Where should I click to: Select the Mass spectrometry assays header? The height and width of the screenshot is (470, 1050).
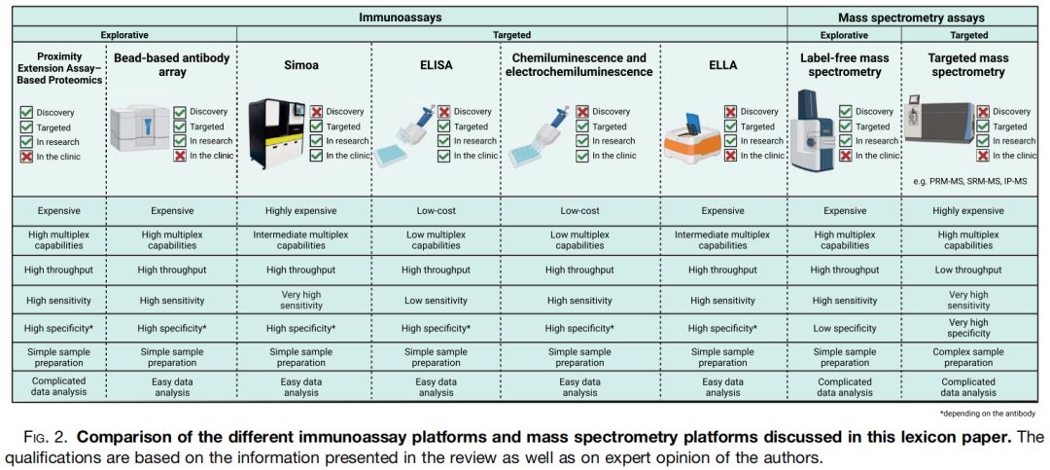pyautogui.click(x=911, y=17)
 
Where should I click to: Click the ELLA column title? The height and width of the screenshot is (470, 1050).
pyautogui.click(x=722, y=64)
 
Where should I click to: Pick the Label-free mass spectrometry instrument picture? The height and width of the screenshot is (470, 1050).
pyautogui.click(x=814, y=130)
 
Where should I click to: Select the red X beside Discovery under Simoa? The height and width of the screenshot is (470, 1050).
pyautogui.click(x=316, y=112)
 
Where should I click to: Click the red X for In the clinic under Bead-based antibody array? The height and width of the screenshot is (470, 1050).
pyautogui.click(x=180, y=156)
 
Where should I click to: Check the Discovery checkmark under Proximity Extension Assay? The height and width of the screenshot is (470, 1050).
pyautogui.click(x=26, y=112)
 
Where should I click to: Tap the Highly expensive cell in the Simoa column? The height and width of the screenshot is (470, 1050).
pyautogui.click(x=300, y=210)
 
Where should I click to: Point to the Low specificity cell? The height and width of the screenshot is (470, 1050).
pyautogui.click(x=843, y=329)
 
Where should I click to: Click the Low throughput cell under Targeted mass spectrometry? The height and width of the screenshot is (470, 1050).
pyautogui.click(x=968, y=270)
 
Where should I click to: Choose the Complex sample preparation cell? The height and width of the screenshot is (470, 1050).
pyautogui.click(x=968, y=357)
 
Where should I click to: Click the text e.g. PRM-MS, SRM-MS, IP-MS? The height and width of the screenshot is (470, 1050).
pyautogui.click(x=969, y=181)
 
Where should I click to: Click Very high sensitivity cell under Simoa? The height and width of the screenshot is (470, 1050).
pyautogui.click(x=300, y=301)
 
